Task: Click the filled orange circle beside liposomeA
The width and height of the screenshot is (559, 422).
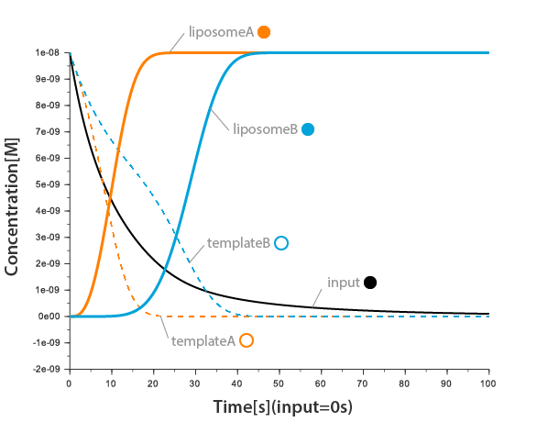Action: point(264,32)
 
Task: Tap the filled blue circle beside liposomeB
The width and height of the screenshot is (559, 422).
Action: point(308,129)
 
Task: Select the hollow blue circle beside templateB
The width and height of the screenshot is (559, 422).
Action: point(281,243)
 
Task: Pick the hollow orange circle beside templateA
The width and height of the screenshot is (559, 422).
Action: point(246,340)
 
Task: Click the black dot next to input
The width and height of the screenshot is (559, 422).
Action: point(370,283)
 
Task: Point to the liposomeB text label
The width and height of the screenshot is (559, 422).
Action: point(265,129)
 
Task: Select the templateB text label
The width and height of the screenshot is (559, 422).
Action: point(238,243)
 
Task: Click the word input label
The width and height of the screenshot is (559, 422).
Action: point(343,283)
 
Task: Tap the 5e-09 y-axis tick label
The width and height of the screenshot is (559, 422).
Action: point(48,185)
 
